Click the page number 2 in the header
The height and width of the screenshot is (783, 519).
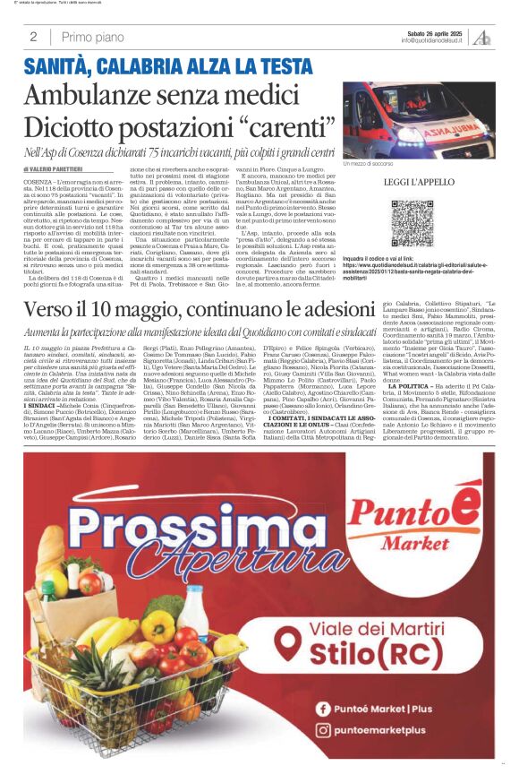pos(33,37)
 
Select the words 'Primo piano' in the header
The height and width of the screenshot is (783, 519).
pos(93,37)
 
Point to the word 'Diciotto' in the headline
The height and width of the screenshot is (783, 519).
pos(74,125)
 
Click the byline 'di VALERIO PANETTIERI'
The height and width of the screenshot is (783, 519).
pos(59,168)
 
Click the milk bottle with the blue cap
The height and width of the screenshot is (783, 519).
pos(192,612)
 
